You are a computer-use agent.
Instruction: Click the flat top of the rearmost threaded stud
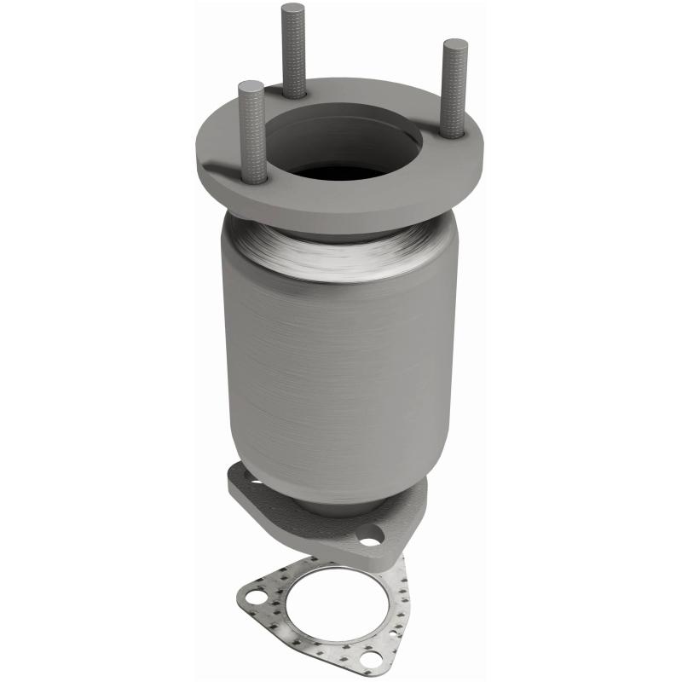tap(293, 9)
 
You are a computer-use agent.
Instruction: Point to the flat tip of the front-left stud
tap(251, 86)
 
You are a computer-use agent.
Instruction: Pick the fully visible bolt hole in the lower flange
tap(370, 539)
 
